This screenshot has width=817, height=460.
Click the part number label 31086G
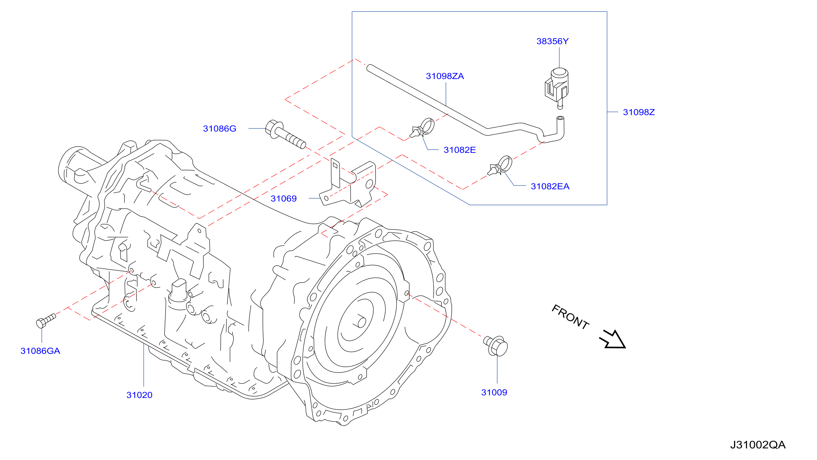(219, 129)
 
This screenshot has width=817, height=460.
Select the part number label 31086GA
(40, 351)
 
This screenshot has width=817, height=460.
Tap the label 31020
(139, 395)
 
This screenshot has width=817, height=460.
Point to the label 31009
(494, 392)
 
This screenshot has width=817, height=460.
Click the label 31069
(284, 198)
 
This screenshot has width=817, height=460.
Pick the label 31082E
(459, 150)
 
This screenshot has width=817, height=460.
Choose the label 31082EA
(550, 186)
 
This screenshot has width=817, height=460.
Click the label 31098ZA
(445, 76)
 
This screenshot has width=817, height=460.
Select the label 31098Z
(639, 112)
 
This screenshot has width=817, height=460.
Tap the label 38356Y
(553, 41)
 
